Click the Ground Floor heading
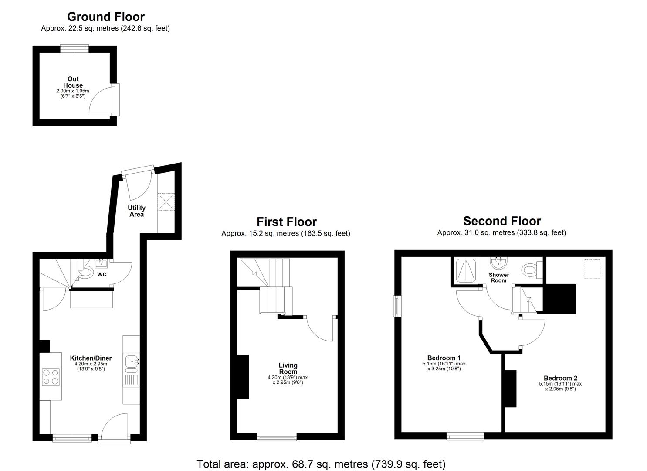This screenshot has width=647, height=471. click(105, 17)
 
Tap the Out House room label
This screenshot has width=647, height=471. click(73, 82)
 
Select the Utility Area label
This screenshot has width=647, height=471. click(136, 211)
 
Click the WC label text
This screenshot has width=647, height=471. click(102, 275)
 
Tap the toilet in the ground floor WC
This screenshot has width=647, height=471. click(86, 273)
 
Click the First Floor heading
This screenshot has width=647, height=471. click(286, 222)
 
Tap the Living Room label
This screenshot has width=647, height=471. click(288, 369)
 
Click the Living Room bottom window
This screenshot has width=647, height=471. click(277, 437)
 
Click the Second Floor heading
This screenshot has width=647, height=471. click(502, 221)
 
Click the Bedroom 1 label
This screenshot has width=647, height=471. click(444, 358)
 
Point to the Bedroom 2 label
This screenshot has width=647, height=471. click(560, 378)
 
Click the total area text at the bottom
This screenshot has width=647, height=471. click(321, 464)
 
